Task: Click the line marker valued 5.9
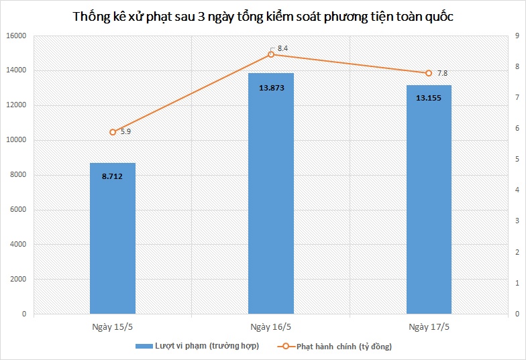coord(113,132)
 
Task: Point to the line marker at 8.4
coord(271,54)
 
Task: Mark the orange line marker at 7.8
coord(429,73)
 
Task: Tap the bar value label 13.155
coord(429,98)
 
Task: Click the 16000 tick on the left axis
coord(17,36)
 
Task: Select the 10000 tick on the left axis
coord(17,140)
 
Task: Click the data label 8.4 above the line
coord(282,48)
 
